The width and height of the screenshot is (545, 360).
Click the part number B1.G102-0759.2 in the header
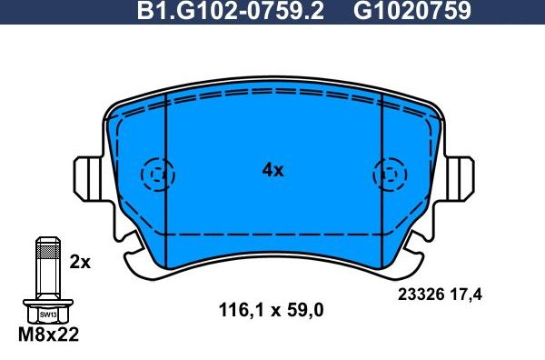click(x=229, y=12)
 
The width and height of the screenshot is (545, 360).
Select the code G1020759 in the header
click(x=411, y=12)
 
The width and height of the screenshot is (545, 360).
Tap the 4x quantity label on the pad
click(x=273, y=170)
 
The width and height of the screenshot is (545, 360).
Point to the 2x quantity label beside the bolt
click(x=80, y=262)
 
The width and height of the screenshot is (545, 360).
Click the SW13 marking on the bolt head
click(x=47, y=314)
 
